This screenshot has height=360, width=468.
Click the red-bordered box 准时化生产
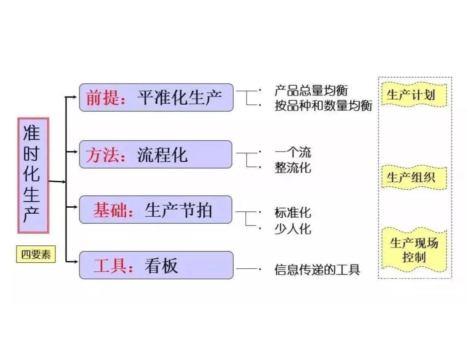[33, 175]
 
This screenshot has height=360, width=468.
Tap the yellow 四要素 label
[36, 254]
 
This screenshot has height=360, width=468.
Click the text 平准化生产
[180, 97]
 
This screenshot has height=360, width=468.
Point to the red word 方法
[103, 155]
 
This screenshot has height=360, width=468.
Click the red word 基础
[110, 210]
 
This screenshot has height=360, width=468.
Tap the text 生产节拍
[179, 210]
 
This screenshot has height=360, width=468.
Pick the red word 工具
[110, 265]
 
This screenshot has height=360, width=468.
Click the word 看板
[161, 265]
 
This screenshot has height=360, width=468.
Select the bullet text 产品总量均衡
[311, 90]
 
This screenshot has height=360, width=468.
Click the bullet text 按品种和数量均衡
[323, 106]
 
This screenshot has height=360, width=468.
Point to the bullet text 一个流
[293, 153]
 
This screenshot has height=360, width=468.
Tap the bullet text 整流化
[293, 167]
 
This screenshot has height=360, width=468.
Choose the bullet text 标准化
[293, 212]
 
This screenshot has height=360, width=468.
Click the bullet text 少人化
[293, 228]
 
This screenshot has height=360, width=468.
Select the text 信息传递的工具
[317, 270]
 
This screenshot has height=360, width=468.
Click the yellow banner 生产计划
[414, 95]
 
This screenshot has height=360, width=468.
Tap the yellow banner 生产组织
[414, 177]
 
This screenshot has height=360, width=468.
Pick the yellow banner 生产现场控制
[414, 250]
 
